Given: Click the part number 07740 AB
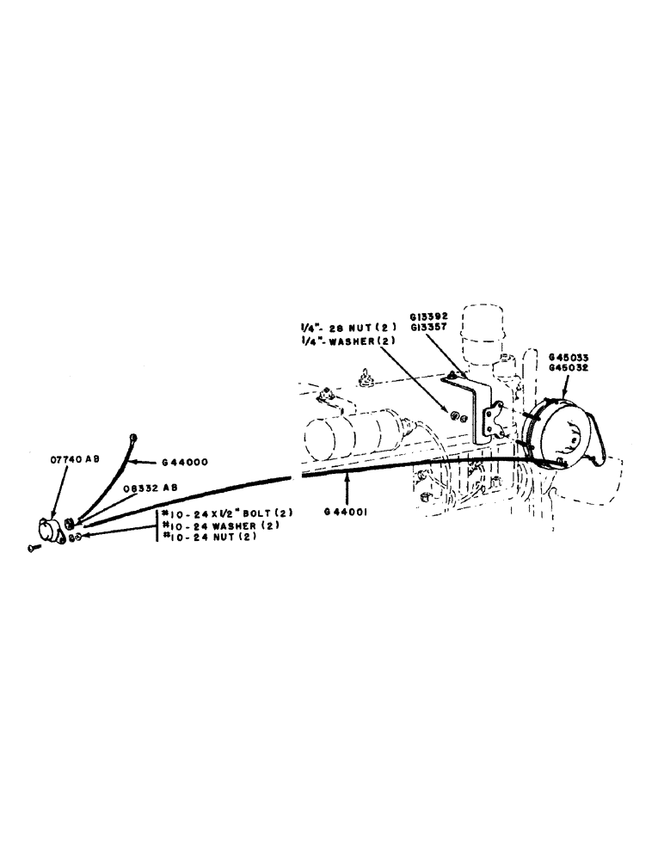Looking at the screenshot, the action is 73,460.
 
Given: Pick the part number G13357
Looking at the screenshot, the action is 439,328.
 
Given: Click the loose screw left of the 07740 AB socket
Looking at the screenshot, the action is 33,549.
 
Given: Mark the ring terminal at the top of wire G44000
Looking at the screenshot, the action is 133,437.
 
